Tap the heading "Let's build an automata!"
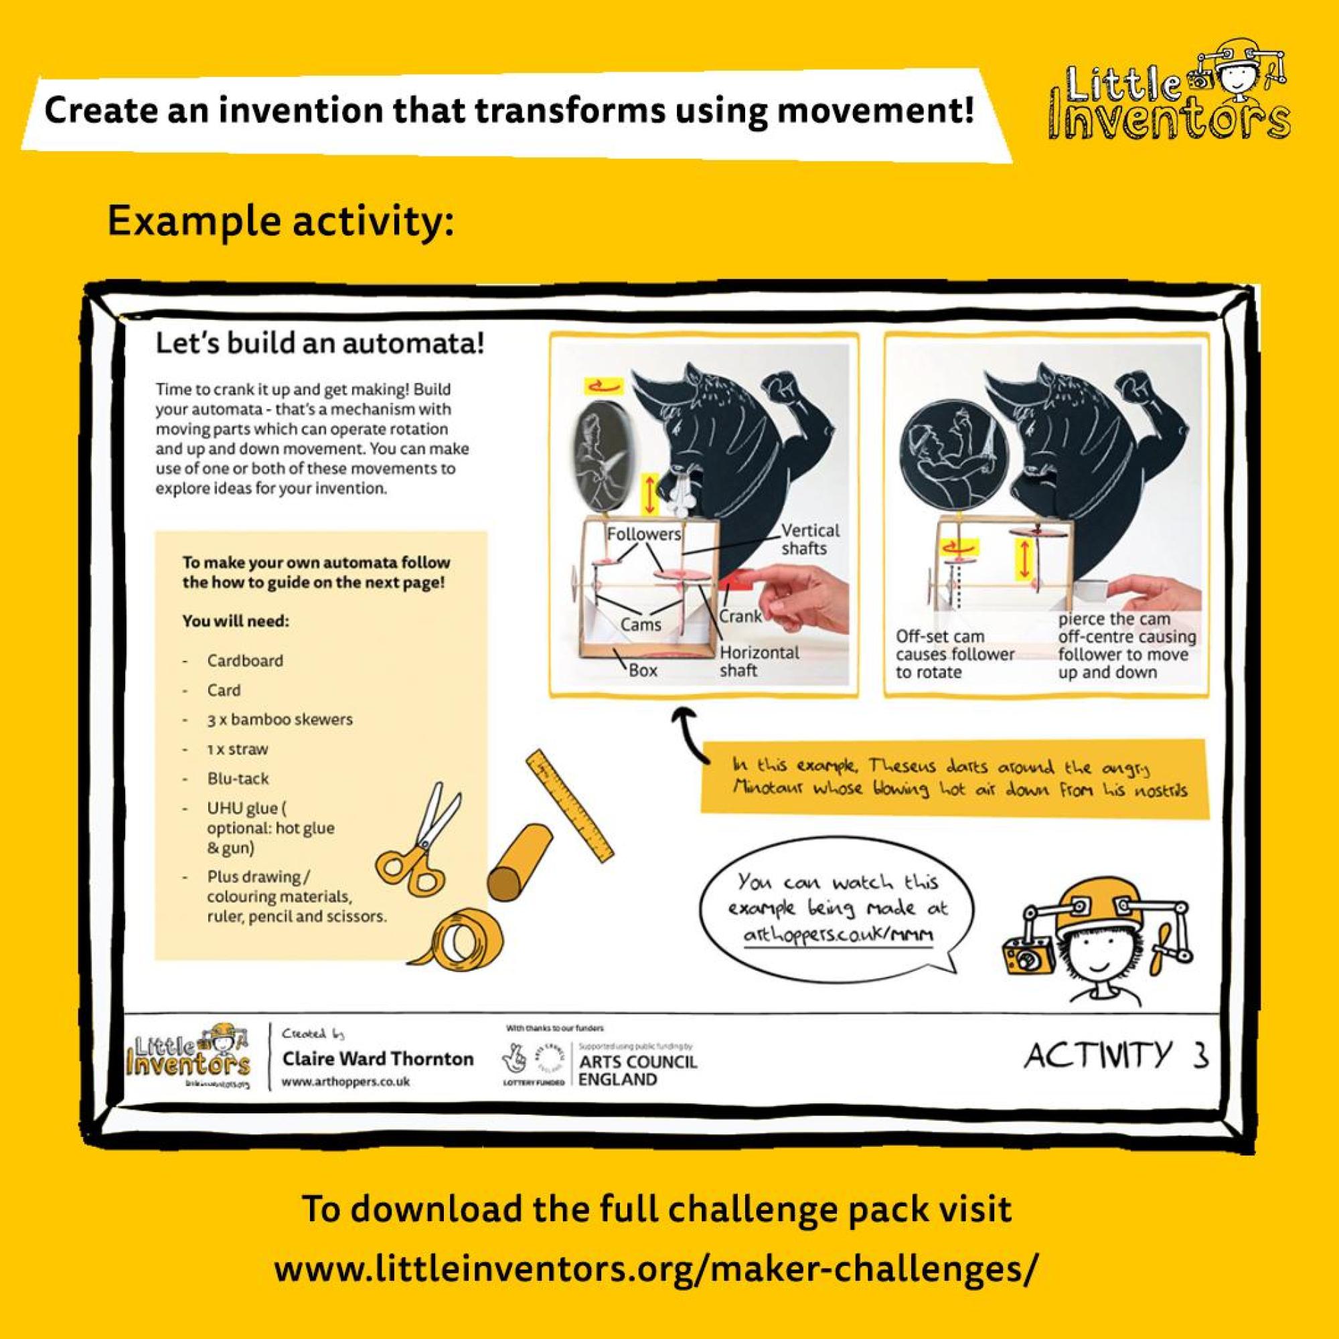point(319,343)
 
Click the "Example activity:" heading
point(281,221)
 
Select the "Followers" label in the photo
point(643,534)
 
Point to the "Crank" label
point(740,615)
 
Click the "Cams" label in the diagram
point(641,625)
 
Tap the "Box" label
point(643,670)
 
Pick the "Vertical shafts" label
point(809,539)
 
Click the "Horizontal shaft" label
point(759,661)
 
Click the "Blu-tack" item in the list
point(238,779)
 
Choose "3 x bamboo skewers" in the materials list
point(279,720)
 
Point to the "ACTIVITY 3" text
point(1116,1056)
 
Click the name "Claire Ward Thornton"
point(378,1058)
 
